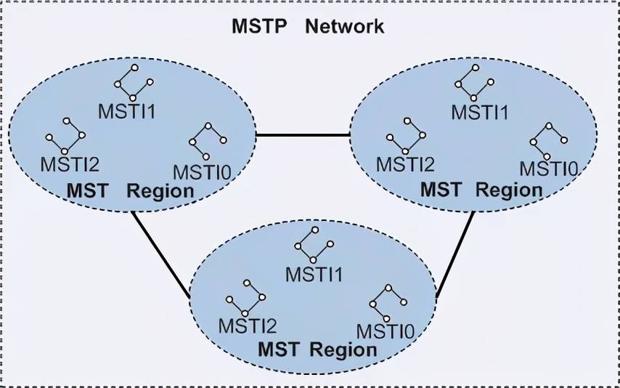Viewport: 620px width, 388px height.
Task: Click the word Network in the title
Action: pyautogui.click(x=344, y=27)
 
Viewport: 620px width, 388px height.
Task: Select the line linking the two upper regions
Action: pyautogui.click(x=303, y=135)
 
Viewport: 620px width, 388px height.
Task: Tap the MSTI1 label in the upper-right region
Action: pyautogui.click(x=479, y=112)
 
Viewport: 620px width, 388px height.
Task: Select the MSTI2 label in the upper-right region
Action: pyautogui.click(x=404, y=164)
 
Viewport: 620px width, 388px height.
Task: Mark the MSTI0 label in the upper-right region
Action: pyautogui.click(x=548, y=169)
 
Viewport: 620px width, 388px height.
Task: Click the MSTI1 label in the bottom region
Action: pyautogui.click(x=314, y=274)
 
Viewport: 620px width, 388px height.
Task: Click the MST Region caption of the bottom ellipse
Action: pyautogui.click(x=317, y=348)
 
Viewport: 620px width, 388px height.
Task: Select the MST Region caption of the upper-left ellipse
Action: pyautogui.click(x=131, y=191)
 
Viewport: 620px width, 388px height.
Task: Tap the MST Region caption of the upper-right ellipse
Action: pyautogui.click(x=481, y=190)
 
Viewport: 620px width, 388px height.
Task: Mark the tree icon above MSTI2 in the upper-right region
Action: pyautogui.click(x=405, y=134)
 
